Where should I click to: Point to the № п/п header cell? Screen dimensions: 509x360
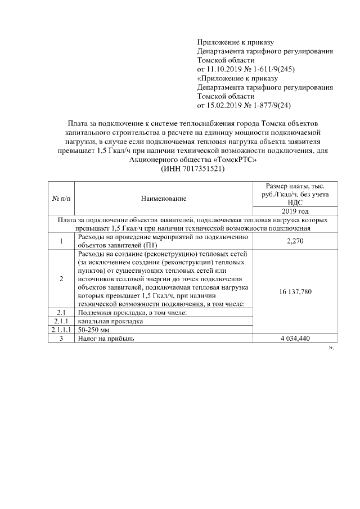61,198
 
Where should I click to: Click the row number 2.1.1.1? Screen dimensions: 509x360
61,330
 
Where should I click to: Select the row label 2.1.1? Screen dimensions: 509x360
61,321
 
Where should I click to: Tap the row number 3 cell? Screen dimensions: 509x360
61,339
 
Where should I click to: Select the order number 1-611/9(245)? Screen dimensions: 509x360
273,69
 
